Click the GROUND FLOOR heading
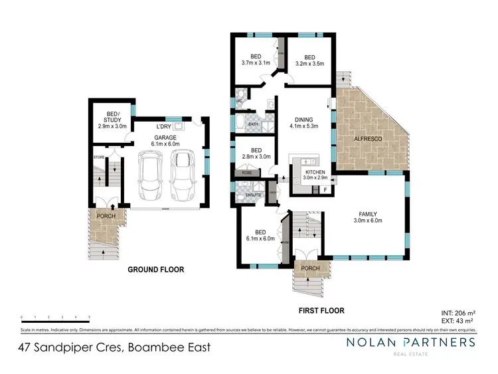tap(156, 270)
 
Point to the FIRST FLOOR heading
tap(321, 310)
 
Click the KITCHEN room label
tap(305, 173)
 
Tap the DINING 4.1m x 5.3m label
tap(305, 124)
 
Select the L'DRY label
tap(165, 127)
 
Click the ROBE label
tap(246, 173)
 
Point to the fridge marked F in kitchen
tap(325, 190)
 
